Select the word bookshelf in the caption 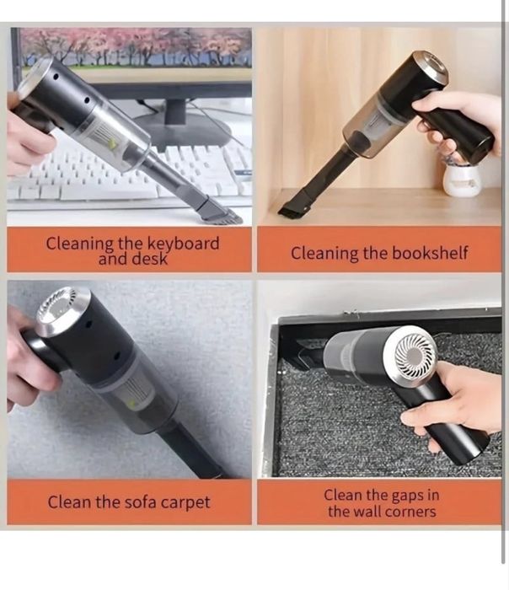pos(430,253)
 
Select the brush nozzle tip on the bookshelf pos(294,206)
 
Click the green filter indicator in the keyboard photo pos(111,143)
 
